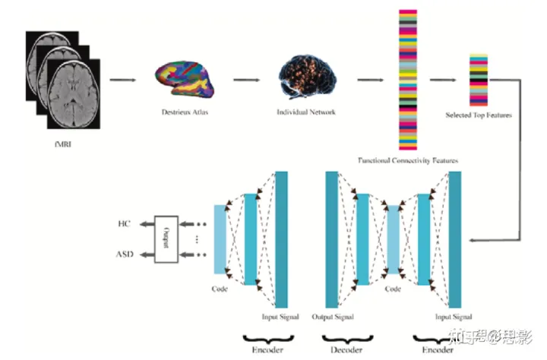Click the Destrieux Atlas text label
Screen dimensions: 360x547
[x=185, y=112]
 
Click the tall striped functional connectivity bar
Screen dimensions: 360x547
[x=408, y=80]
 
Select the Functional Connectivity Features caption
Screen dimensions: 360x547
[x=408, y=160]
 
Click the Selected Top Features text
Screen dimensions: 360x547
[x=479, y=115]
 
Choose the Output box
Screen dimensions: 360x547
[x=166, y=239]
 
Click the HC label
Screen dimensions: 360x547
[x=125, y=225]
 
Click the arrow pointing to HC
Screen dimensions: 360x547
[x=144, y=225]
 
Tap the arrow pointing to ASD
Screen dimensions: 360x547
[x=144, y=254]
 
